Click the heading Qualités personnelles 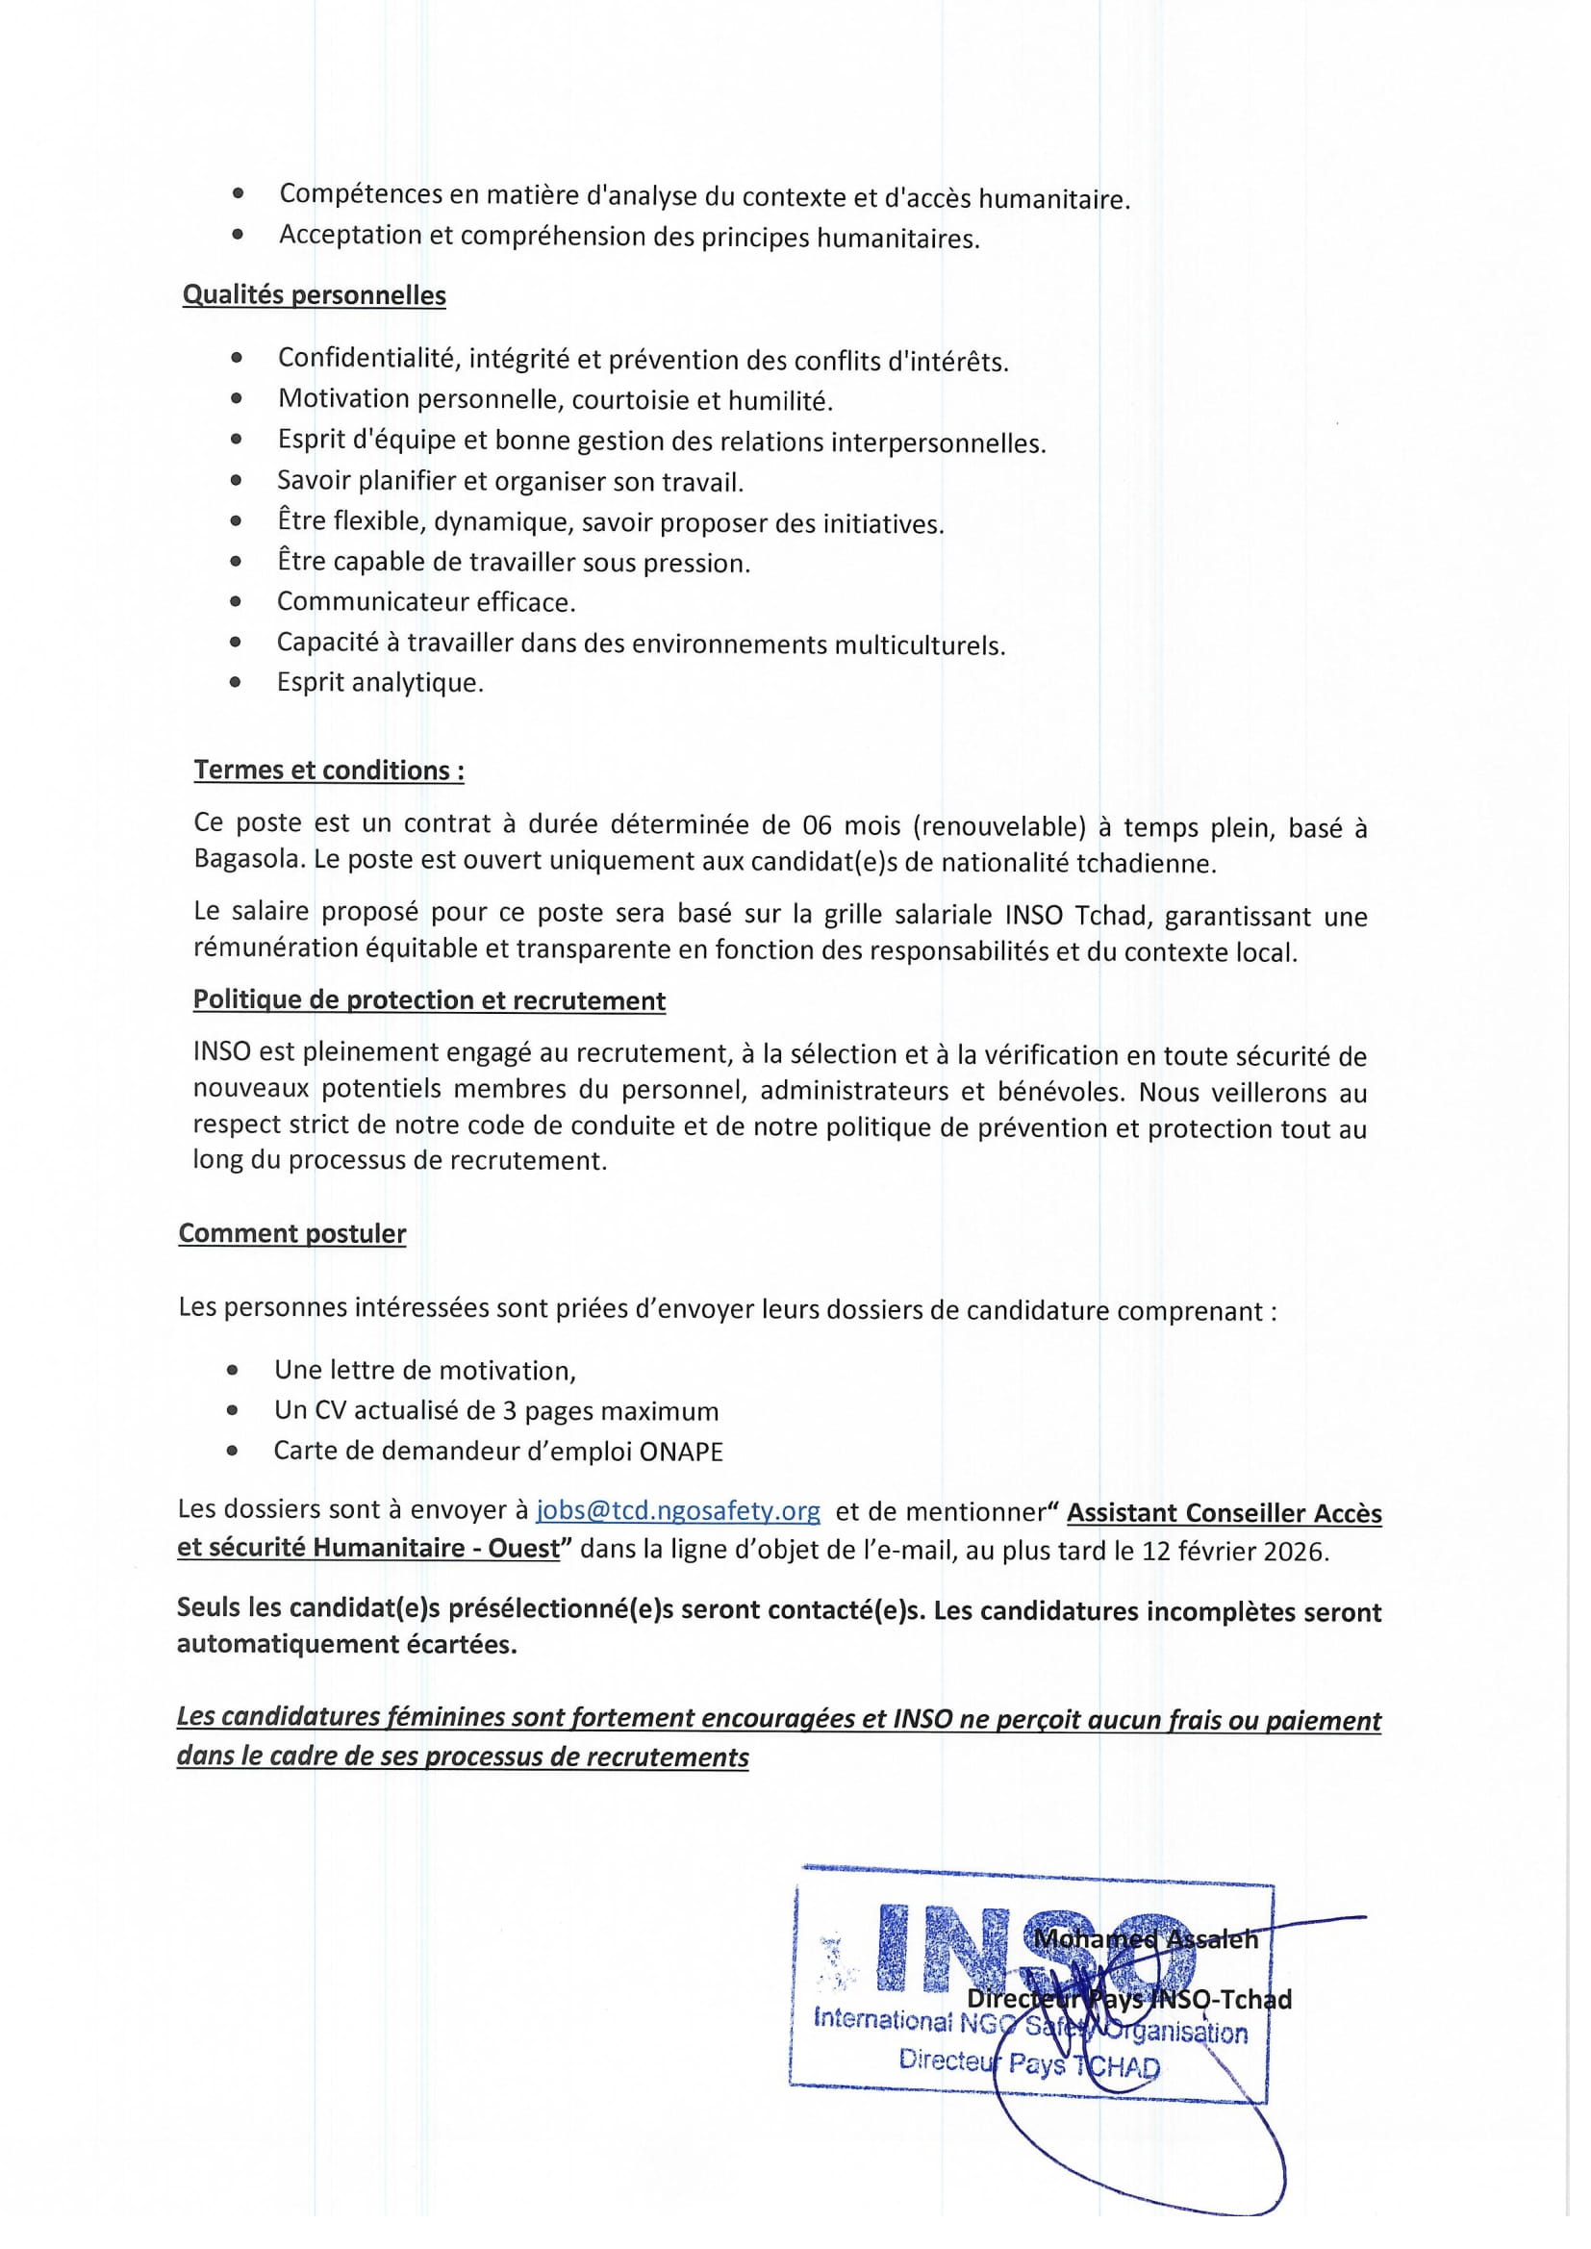click(x=314, y=295)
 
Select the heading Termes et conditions click(x=328, y=770)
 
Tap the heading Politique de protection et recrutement click(x=429, y=1000)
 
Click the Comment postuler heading click(x=292, y=1233)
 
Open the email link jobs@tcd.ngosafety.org click(x=678, y=1510)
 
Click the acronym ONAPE click(x=681, y=1452)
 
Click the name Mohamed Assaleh click(x=1146, y=1938)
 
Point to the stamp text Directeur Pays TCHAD click(x=1028, y=2065)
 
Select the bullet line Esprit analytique click(x=380, y=683)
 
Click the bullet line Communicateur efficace click(x=426, y=601)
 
